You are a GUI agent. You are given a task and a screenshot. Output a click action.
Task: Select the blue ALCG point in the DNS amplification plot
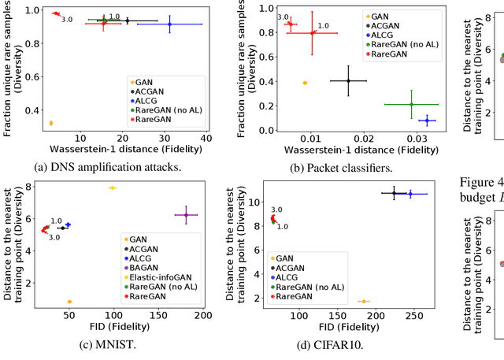point(169,24)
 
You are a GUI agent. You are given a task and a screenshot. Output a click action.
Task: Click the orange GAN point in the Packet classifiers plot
point(305,83)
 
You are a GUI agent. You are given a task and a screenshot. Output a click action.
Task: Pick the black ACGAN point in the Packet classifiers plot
point(347,80)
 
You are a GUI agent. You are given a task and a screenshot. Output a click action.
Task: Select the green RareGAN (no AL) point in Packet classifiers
point(411,104)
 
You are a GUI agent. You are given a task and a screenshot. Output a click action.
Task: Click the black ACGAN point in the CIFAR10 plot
point(395,193)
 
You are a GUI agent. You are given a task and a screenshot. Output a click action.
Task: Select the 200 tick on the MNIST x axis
point(202,316)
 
